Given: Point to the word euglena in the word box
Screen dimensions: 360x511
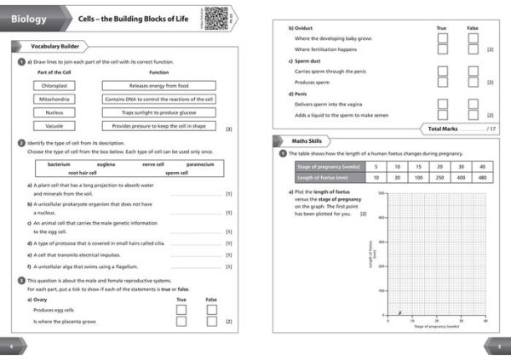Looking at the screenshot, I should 106,163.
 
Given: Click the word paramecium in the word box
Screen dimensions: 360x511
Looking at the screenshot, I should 200,163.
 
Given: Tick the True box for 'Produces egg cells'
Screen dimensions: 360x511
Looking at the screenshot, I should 181,310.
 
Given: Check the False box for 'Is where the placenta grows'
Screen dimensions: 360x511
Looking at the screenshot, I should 211,322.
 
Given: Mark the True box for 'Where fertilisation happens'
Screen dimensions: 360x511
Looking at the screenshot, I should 441,50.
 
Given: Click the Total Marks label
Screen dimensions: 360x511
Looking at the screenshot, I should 445,128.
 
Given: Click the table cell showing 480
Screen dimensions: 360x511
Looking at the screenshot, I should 482,178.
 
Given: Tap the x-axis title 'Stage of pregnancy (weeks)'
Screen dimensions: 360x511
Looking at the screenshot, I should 436,326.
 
